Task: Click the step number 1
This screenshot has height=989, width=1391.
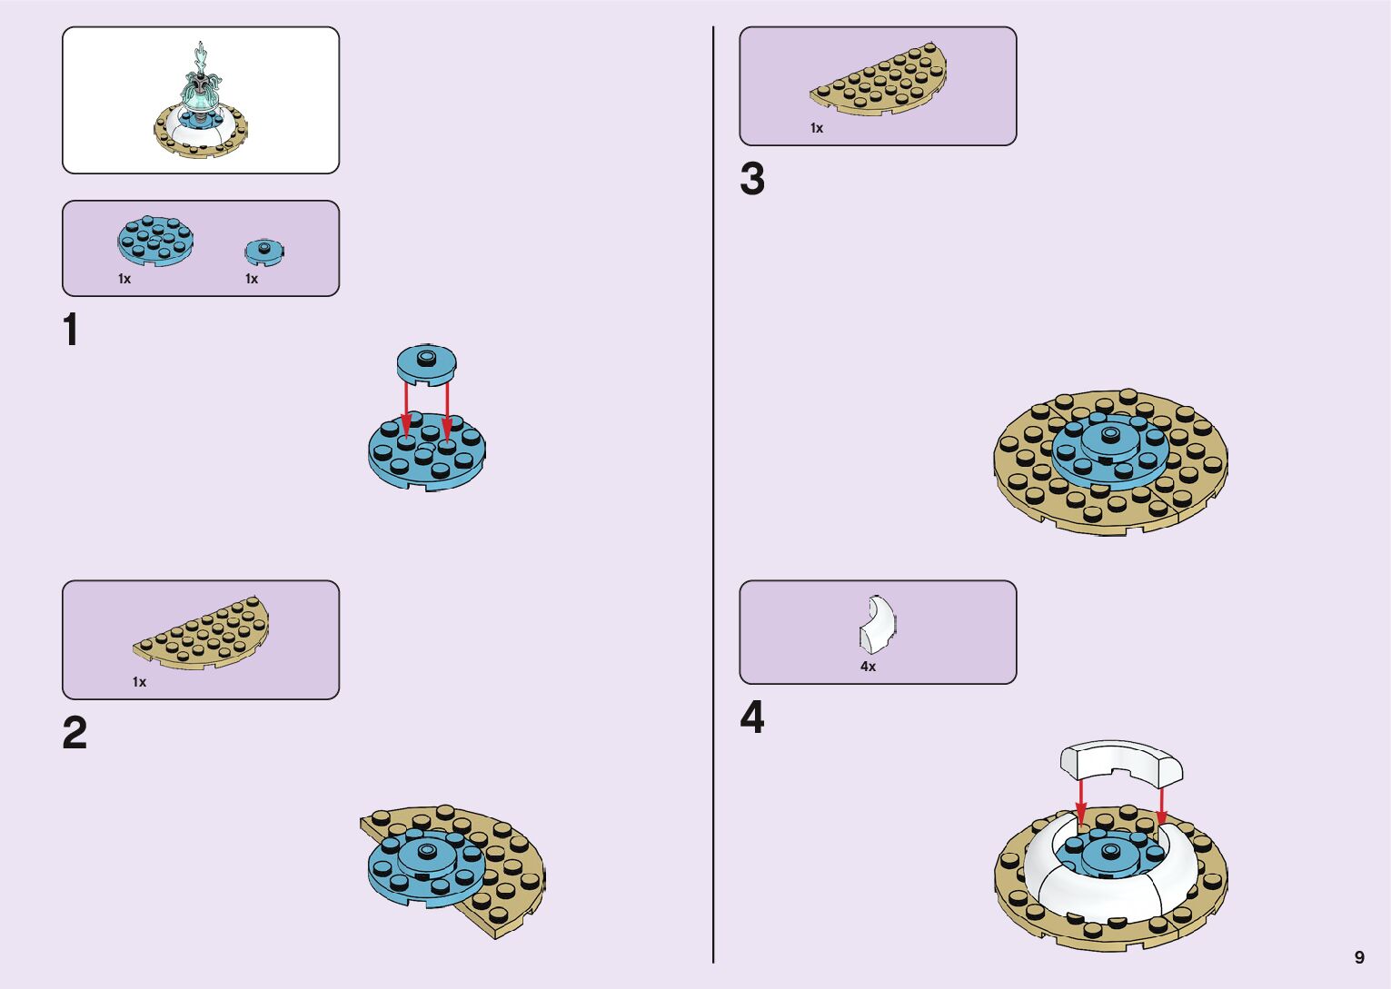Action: pos(70,331)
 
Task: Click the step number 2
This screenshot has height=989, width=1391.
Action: pos(75,733)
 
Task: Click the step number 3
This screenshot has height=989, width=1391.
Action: pos(752,179)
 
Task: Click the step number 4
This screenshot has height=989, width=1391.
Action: pos(752,717)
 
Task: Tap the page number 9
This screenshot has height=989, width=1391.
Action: pos(1359,957)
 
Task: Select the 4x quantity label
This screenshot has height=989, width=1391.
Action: pos(868,667)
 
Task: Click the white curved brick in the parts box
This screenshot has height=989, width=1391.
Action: pos(877,624)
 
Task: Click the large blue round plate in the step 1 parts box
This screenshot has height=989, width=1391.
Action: pos(155,241)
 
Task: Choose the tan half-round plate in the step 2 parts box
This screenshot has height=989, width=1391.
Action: pos(203,632)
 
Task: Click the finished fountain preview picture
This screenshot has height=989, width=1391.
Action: pos(201,101)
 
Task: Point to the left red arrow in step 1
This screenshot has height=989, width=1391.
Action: pos(406,409)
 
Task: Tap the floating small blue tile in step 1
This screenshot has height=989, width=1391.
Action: pos(426,362)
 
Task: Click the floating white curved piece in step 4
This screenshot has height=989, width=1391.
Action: pos(1121,761)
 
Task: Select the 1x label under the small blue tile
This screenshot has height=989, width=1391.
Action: pos(252,279)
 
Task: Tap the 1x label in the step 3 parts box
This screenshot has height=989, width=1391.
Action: pos(817,128)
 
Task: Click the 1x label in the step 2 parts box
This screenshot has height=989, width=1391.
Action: pos(139,682)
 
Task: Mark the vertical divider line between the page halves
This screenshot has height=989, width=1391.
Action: pos(713,494)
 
